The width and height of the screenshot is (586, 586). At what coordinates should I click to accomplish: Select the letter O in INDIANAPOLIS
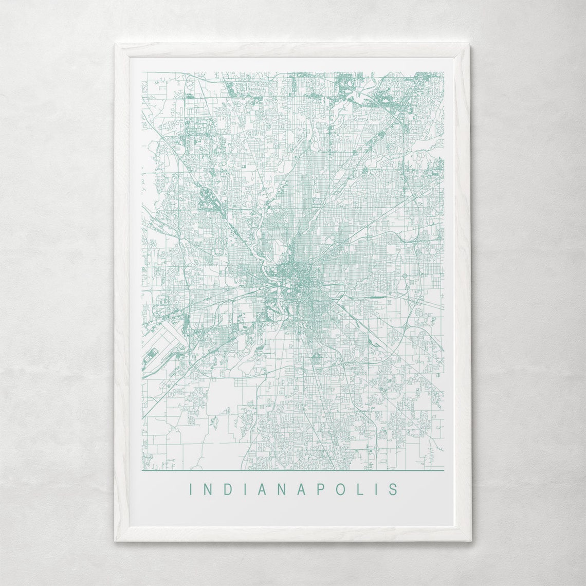[340, 488]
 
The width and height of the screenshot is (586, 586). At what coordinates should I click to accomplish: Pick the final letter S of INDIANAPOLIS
[393, 488]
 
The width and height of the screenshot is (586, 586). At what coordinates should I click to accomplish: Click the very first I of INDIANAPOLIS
[191, 488]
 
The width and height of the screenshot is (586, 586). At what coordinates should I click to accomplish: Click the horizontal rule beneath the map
[292, 470]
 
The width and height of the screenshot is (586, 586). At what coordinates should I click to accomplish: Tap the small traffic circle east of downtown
[405, 276]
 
